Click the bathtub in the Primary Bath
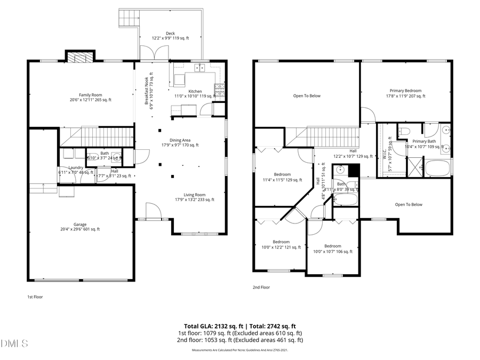click(437, 168)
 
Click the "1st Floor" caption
click(35, 297)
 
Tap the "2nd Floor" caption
click(261, 287)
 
